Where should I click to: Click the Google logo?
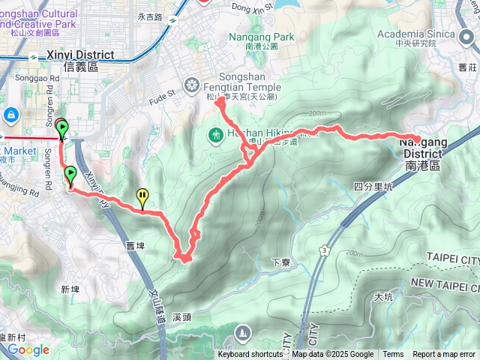pos(28,349)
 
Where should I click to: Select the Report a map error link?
pos(445,355)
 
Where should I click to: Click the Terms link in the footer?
pos(393,355)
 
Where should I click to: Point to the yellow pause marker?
pos(142,196)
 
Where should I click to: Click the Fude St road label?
pos(161,94)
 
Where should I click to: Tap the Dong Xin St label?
pos(250,7)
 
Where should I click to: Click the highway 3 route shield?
pos(323,249)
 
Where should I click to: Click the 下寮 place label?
pos(281,262)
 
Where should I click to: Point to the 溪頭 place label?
pos(183,296)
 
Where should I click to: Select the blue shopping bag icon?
pos(11,115)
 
